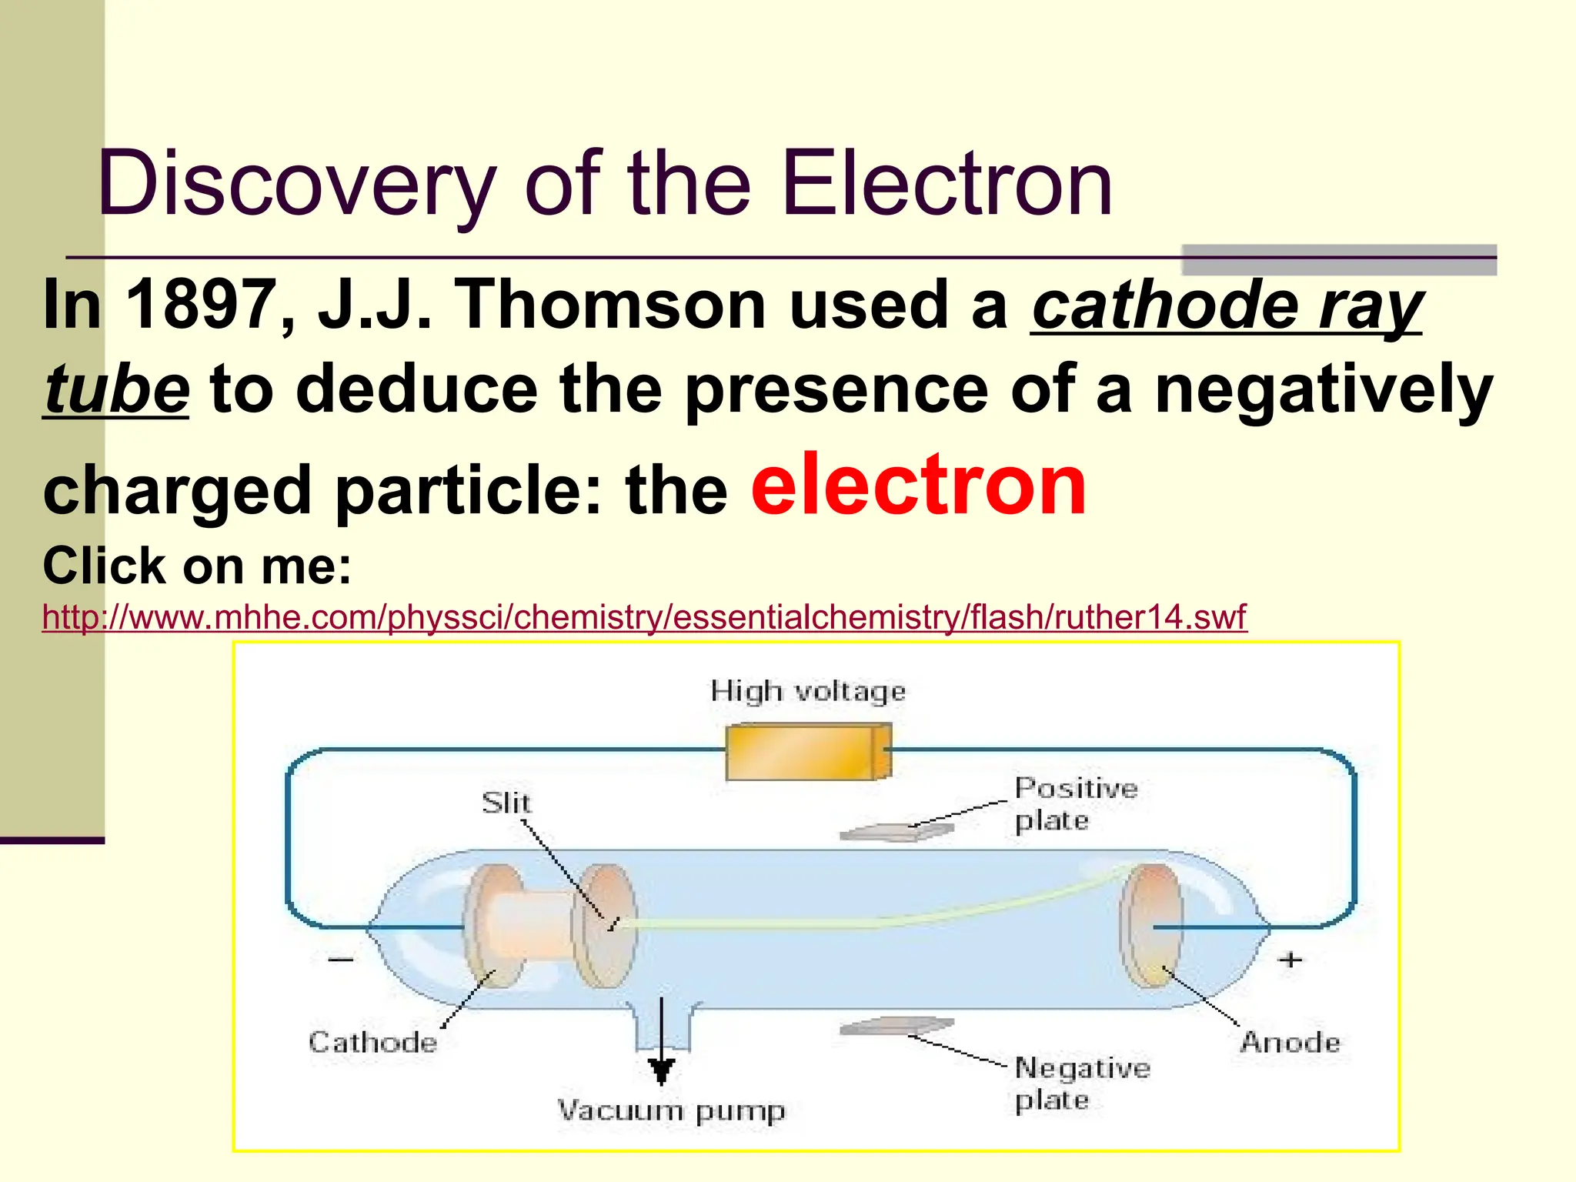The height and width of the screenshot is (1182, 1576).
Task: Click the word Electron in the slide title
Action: pyautogui.click(x=947, y=185)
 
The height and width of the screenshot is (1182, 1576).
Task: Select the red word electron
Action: pyautogui.click(x=918, y=485)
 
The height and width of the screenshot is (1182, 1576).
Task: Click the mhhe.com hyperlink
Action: pyautogui.click(x=644, y=618)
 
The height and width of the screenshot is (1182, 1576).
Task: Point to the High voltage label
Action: pyautogui.click(x=808, y=691)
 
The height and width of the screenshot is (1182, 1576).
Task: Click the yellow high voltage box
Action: pyautogui.click(x=808, y=753)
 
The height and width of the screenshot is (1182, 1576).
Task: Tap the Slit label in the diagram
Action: pyautogui.click(x=506, y=803)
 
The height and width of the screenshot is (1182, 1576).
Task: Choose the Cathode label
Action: pyautogui.click(x=372, y=1043)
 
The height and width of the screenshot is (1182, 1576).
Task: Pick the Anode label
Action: pyautogui.click(x=1290, y=1043)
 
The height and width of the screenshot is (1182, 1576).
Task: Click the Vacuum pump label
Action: pyautogui.click(x=671, y=1111)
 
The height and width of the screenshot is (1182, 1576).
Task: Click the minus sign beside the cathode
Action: pyautogui.click(x=341, y=960)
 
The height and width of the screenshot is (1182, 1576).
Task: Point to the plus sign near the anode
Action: pyautogui.click(x=1291, y=960)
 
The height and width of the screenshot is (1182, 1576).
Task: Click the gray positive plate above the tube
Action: pyautogui.click(x=897, y=832)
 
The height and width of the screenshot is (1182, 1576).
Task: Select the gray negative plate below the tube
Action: pyautogui.click(x=897, y=1027)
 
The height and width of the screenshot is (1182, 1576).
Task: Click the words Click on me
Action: pyautogui.click(x=197, y=566)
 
